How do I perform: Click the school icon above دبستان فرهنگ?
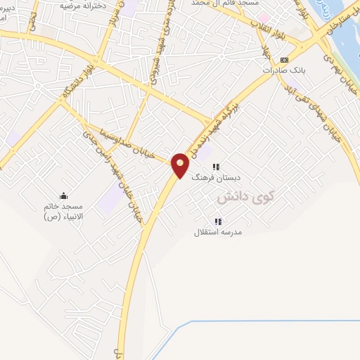click(217, 167)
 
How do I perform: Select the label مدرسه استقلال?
click(218, 232)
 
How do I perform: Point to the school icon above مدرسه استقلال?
click(218, 221)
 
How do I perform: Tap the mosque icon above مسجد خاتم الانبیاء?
click(64, 195)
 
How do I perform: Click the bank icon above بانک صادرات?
click(284, 60)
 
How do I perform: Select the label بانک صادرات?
click(283, 71)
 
